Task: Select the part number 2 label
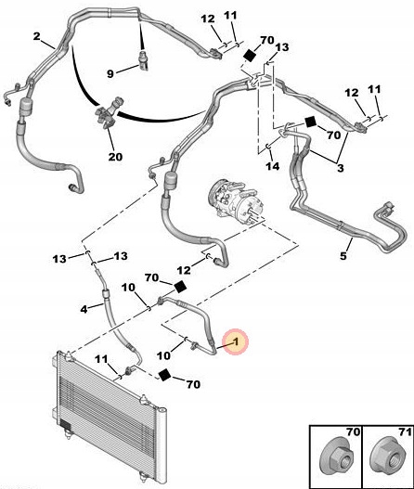36,37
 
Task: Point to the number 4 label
84,308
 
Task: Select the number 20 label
115,156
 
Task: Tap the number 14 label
272,167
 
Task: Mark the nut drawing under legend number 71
383,457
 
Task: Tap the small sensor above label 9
143,58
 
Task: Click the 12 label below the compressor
184,269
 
